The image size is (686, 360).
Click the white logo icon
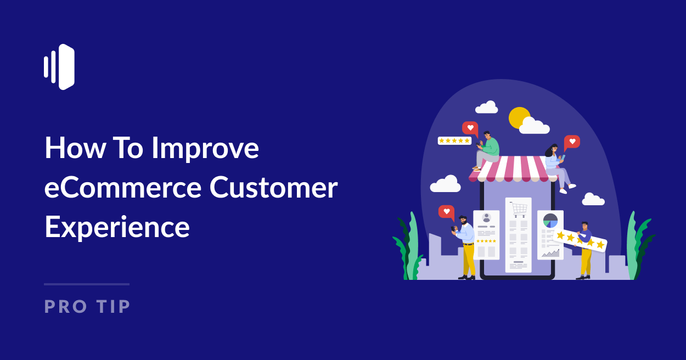[x=59, y=67]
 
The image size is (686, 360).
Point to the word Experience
[x=117, y=227]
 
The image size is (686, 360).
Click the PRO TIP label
[x=87, y=306]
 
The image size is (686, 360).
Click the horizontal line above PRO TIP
[x=87, y=284]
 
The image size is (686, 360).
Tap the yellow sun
[x=518, y=117]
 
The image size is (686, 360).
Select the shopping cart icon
[x=518, y=209]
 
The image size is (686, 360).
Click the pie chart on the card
[x=550, y=221]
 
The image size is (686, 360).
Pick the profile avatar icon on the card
[x=486, y=218]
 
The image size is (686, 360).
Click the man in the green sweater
[x=487, y=149]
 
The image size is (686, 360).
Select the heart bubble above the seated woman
[x=572, y=142]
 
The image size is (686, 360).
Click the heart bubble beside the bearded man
[x=446, y=211]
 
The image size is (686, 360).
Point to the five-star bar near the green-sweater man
[x=454, y=140]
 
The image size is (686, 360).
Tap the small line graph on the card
[x=550, y=252]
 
